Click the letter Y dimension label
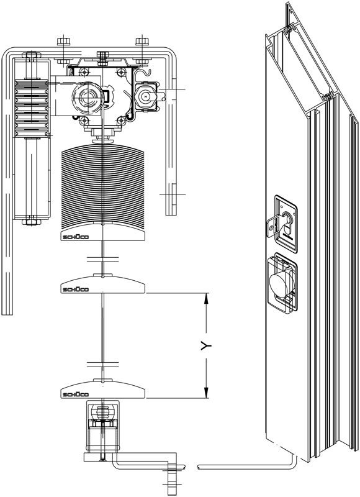[206, 346]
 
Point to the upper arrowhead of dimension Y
[207, 299]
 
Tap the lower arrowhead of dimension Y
[207, 393]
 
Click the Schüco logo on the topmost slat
[76, 237]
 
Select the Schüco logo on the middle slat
[76, 290]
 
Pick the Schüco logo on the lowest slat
[76, 394]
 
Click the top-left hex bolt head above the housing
[63, 42]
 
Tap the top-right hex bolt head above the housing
[142, 42]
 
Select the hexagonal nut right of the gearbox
[145, 96]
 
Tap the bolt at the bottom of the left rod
[32, 221]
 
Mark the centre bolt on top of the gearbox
[101, 56]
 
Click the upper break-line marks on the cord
[103, 260]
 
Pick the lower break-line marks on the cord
[103, 364]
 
